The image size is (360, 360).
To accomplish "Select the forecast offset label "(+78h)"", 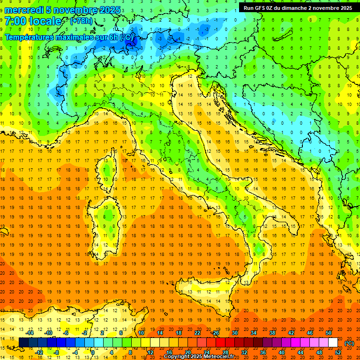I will pos(81,21).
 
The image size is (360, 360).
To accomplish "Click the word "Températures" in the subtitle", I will pos(28,37).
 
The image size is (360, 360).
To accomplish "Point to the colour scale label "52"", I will pos(338,352).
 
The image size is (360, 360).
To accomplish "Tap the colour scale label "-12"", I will pos(39,352).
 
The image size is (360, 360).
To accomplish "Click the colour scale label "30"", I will pos(235,333).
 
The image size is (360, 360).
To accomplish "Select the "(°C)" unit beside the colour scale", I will pos(349,343).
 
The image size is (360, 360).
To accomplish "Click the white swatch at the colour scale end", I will pos(333,343).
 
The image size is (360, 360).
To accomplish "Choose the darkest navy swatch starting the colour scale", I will pos(23,343).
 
